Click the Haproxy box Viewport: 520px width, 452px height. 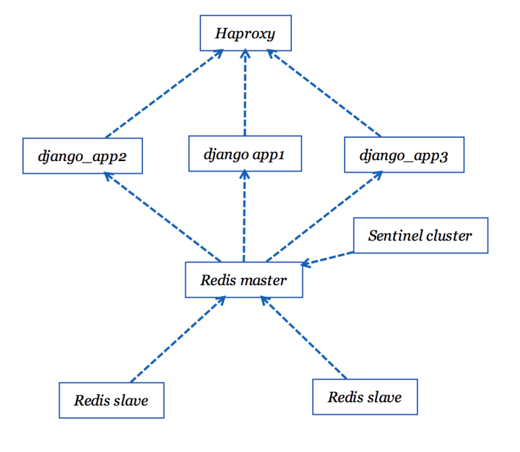click(x=246, y=33)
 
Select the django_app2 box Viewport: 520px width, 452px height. click(x=82, y=156)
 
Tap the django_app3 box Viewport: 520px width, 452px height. click(x=404, y=155)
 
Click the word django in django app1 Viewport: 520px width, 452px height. click(x=226, y=155)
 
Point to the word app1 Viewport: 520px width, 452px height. click(x=268, y=155)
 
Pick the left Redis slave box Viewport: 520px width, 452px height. click(x=112, y=400)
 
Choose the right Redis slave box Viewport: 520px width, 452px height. click(x=365, y=397)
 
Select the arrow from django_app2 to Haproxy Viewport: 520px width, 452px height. click(x=165, y=94)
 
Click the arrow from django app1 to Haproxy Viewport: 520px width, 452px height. click(x=245, y=92)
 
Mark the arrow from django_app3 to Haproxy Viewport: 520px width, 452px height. click(x=324, y=93)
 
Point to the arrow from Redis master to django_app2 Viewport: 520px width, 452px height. click(x=162, y=217)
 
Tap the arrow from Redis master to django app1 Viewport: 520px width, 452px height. click(x=244, y=216)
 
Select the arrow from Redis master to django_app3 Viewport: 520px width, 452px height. click(x=324, y=217)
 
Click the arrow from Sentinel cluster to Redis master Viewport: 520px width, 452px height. click(x=327, y=258)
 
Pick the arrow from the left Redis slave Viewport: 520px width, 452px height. click(x=178, y=339)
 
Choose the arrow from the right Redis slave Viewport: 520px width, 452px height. click(x=303, y=338)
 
